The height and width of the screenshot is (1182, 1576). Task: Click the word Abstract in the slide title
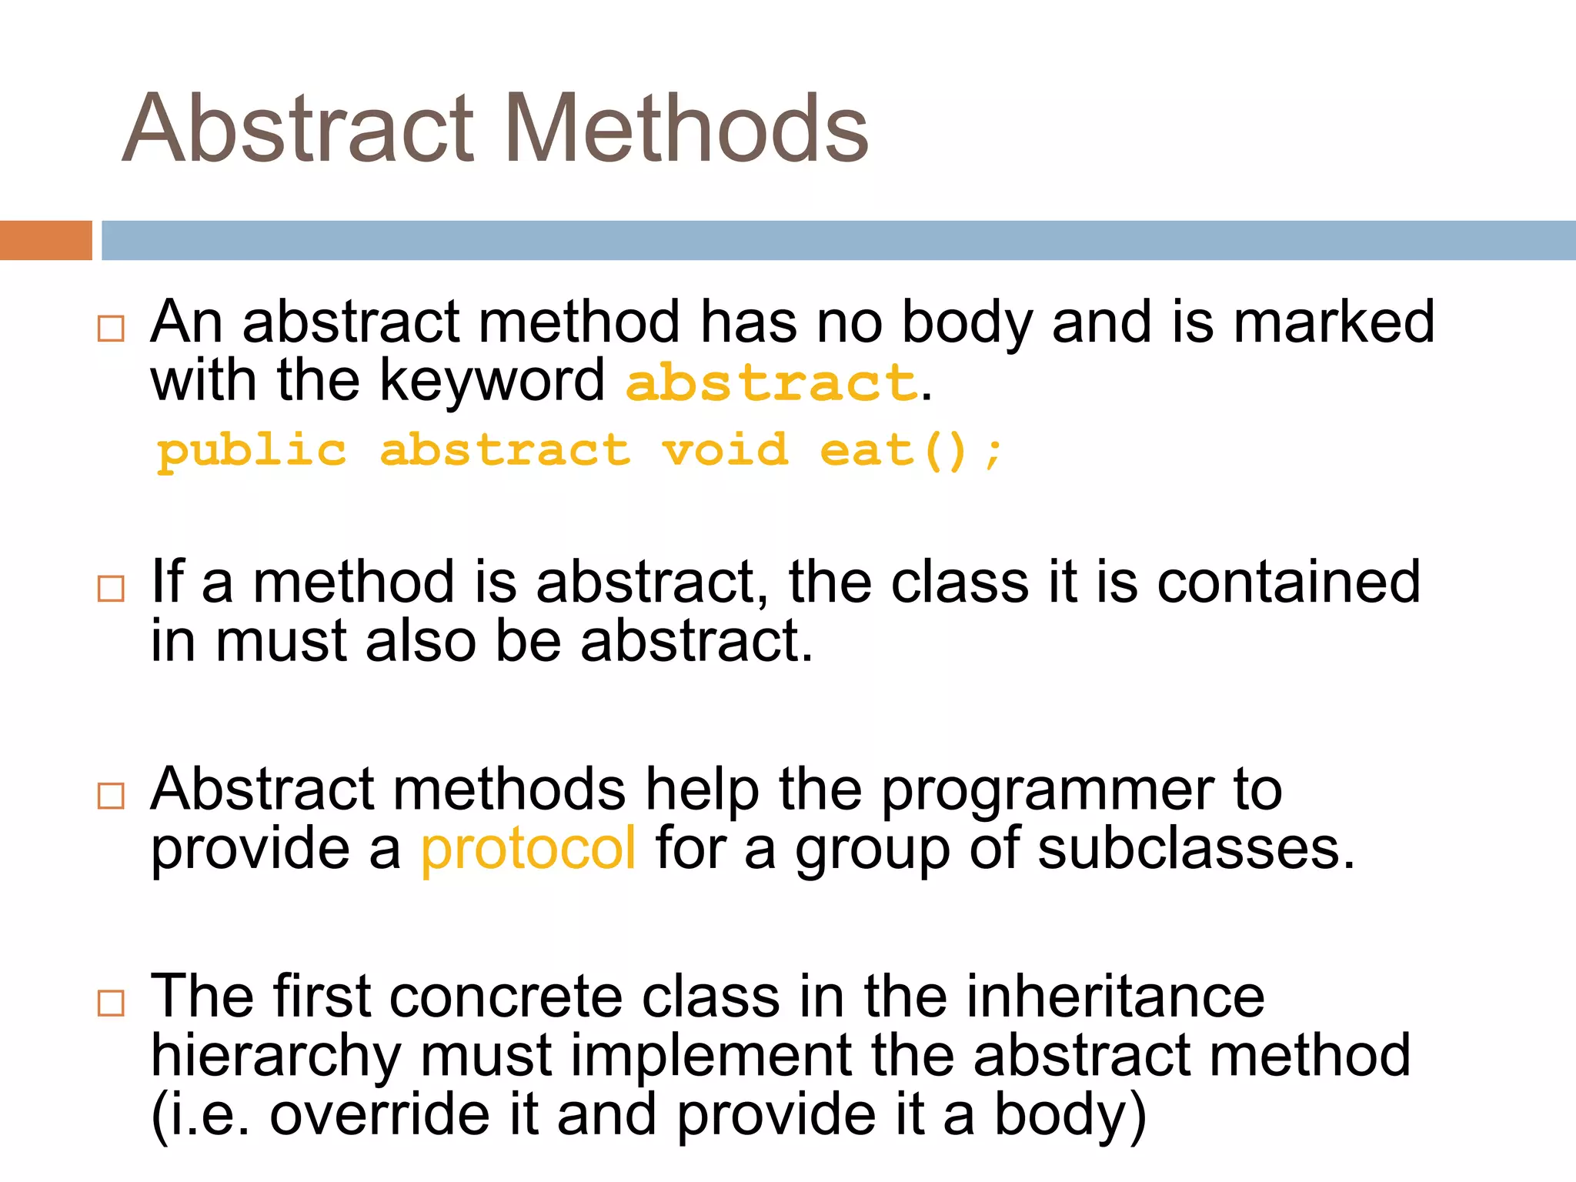(299, 129)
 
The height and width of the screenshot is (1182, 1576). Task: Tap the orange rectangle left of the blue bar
(45, 240)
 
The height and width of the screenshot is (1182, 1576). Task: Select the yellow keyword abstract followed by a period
(771, 382)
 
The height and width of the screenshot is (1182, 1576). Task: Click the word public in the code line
(252, 452)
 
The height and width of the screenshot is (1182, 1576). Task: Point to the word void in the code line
(726, 450)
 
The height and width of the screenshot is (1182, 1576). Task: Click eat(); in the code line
(910, 450)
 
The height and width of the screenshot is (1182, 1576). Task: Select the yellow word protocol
(529, 849)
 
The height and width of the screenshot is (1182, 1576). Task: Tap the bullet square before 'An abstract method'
(111, 329)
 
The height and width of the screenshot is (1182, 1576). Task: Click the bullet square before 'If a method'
(111, 589)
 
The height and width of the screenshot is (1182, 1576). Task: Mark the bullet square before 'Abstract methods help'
(111, 796)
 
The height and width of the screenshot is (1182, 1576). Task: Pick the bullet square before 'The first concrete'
(111, 1003)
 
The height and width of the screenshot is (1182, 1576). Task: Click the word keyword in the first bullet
(492, 382)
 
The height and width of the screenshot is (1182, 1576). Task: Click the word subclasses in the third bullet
(1194, 849)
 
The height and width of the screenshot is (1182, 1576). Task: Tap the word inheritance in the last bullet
(1115, 997)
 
